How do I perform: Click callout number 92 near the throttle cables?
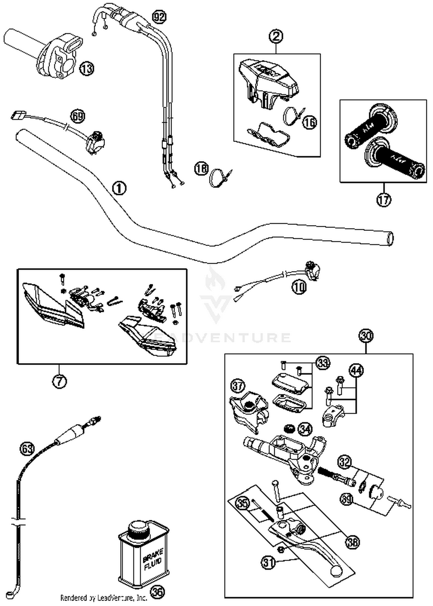click(159, 17)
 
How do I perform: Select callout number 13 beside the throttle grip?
click(87, 68)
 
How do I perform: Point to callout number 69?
click(78, 117)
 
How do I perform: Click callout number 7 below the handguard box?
click(59, 381)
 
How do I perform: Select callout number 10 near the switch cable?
click(299, 287)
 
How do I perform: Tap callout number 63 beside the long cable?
click(27, 449)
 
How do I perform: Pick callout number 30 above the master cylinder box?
click(366, 336)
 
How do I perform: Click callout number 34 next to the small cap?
click(305, 429)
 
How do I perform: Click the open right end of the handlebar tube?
click(390, 239)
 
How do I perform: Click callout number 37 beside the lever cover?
click(238, 387)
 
